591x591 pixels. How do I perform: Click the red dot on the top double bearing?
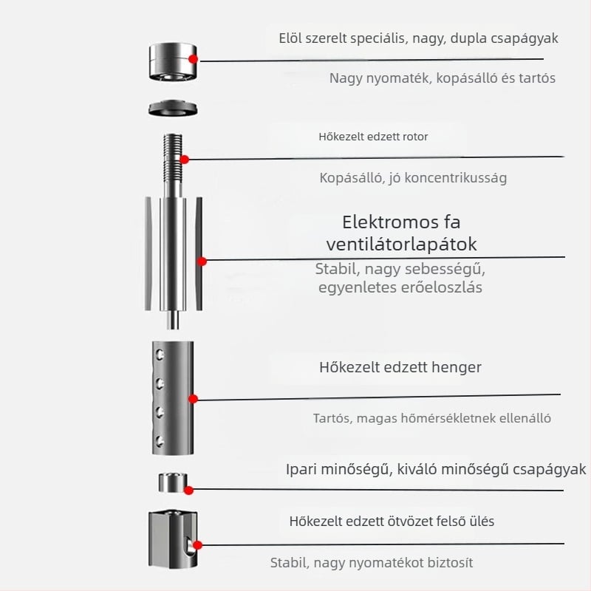tap(193, 59)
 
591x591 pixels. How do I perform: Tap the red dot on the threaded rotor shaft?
tap(184, 160)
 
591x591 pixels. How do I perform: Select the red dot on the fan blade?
tap(202, 262)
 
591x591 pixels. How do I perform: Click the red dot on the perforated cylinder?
tap(193, 399)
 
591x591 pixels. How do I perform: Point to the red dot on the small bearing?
tap(189, 490)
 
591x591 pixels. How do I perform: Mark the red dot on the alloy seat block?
tap(197, 545)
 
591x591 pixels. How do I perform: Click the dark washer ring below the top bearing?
tap(173, 108)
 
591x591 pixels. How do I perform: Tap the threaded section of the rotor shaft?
tap(173, 157)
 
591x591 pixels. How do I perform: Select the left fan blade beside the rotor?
tap(148, 253)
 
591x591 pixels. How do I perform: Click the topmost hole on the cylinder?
tap(160, 355)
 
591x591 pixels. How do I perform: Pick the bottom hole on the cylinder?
tap(160, 441)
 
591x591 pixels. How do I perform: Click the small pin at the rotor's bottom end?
tap(173, 320)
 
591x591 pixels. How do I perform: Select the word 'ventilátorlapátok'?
tap(401, 245)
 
